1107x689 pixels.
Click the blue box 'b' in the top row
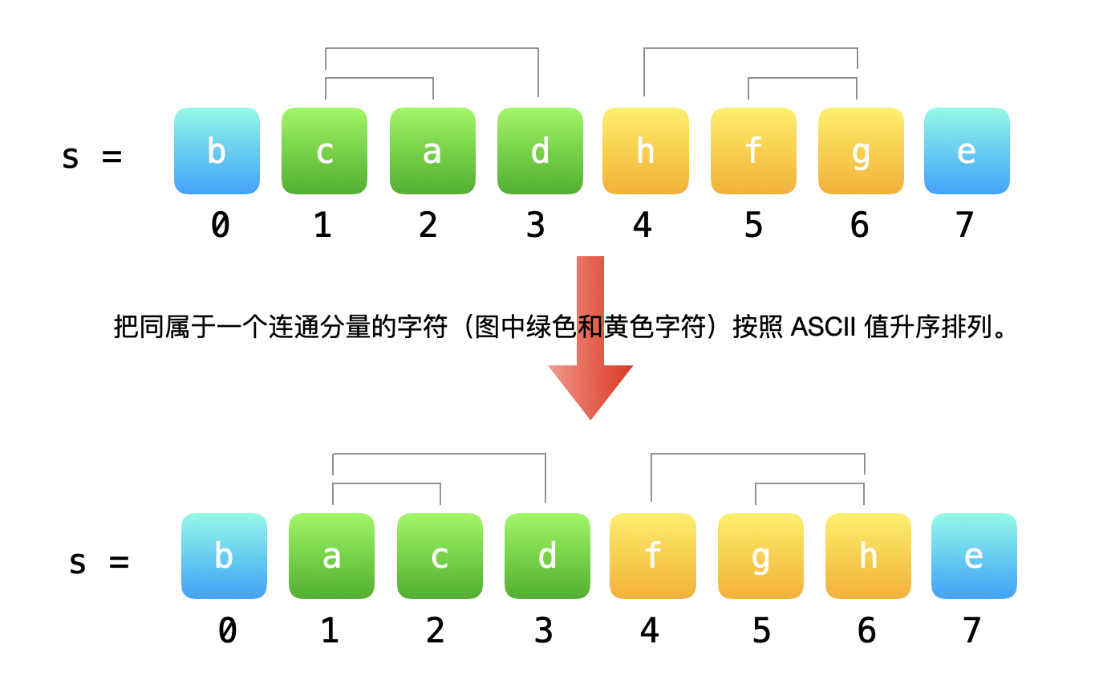coord(217,151)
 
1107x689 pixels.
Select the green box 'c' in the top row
coord(324,151)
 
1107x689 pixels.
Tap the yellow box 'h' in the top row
coord(646,151)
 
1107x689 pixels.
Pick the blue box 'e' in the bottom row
coord(974,556)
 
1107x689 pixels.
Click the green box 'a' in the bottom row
coord(331,556)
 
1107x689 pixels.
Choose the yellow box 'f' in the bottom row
coord(653,556)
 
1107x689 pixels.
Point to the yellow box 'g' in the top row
coord(861,151)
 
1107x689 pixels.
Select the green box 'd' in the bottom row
coord(547,556)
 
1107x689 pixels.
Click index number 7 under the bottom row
coord(972,631)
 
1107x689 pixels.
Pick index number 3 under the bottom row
coord(543,631)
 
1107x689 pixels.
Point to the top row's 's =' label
coord(91,156)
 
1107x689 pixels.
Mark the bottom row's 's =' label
coord(99,561)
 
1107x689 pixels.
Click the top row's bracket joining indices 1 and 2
coord(379,79)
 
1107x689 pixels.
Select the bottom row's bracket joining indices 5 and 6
coord(809,484)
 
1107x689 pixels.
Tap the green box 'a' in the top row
coord(432,151)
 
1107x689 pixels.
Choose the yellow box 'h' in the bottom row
coord(868,556)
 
